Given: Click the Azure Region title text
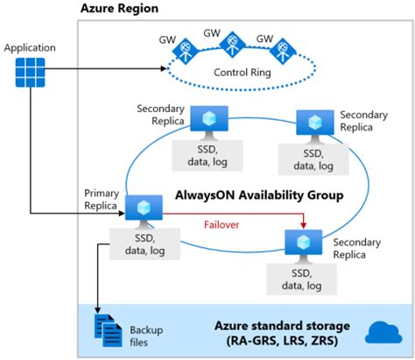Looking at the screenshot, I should coord(120,9).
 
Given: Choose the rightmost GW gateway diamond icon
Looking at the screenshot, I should coord(280,53).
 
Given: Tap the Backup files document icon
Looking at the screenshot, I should coord(108,329).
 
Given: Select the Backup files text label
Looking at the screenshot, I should coord(147,335).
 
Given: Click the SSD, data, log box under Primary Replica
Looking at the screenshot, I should coord(143,244).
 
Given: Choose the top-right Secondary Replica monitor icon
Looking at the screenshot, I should coord(313,124).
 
